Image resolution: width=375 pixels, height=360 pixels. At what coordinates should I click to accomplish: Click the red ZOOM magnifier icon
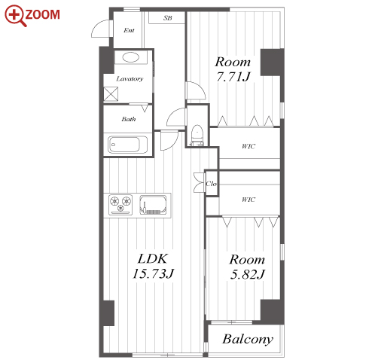[15, 16]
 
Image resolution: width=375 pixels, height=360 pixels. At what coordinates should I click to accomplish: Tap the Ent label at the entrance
[129, 30]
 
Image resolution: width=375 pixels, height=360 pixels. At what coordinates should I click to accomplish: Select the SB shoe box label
[168, 18]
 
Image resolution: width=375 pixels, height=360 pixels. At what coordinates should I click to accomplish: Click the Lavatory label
[130, 79]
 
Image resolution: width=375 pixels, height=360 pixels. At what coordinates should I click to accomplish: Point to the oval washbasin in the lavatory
[130, 57]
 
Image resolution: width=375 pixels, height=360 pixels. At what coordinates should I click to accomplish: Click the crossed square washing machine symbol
[111, 94]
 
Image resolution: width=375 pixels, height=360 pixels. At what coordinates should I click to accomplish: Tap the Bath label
[129, 119]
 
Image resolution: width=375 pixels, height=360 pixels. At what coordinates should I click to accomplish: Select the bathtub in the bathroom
[127, 145]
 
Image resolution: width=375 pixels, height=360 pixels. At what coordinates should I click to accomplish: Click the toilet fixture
[197, 136]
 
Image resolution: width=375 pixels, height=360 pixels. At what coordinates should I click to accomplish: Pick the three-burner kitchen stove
[120, 205]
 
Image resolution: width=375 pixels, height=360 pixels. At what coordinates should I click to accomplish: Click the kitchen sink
[153, 205]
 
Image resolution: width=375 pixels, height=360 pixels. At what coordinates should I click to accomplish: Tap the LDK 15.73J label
[153, 267]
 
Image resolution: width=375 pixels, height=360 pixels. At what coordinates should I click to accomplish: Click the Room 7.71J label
[233, 69]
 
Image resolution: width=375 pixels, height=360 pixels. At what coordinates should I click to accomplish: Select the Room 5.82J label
[247, 267]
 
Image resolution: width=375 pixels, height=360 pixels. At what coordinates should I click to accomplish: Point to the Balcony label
[248, 339]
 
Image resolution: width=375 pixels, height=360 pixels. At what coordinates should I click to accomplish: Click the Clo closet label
[211, 184]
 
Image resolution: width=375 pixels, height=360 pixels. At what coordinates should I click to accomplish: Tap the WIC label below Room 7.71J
[248, 146]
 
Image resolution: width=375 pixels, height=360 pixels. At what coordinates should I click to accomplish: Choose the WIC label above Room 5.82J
[248, 200]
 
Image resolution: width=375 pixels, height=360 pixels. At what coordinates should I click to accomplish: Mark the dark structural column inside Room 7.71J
[272, 63]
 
